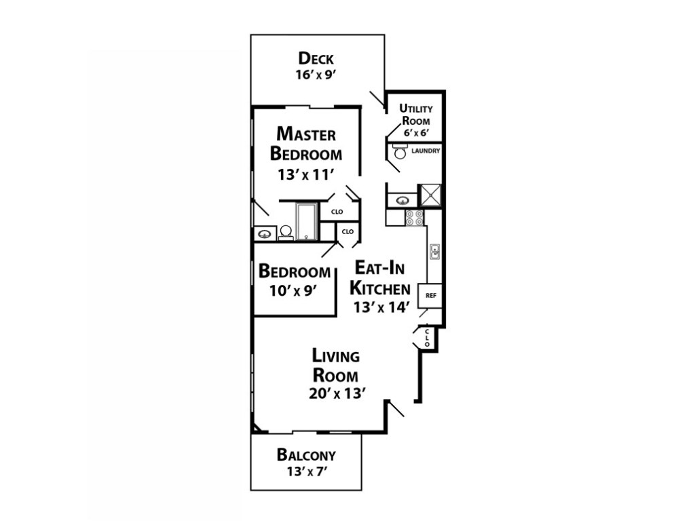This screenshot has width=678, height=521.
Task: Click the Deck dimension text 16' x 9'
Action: [x=316, y=75]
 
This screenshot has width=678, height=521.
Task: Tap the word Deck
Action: [x=316, y=58]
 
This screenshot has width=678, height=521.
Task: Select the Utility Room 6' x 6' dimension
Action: [x=416, y=133]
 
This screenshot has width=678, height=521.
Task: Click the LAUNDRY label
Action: [x=426, y=151]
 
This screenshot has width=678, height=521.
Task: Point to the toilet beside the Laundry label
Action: [x=400, y=151]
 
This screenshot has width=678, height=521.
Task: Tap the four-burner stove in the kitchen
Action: [x=414, y=218]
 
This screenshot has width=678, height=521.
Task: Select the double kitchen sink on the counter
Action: [x=434, y=252]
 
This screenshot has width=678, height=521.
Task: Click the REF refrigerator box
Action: [x=430, y=296]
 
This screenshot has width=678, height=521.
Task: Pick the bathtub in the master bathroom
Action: [x=307, y=222]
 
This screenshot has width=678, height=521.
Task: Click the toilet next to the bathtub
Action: [x=285, y=233]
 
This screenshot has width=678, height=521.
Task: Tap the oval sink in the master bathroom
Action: [x=265, y=234]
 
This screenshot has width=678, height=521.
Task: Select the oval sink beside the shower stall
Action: [x=403, y=200]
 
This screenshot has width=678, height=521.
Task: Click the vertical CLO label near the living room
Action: [x=427, y=338]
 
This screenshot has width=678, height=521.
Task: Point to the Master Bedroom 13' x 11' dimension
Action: [x=305, y=174]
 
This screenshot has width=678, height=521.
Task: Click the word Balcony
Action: [x=306, y=455]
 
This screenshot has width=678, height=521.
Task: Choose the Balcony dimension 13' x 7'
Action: [x=306, y=471]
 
